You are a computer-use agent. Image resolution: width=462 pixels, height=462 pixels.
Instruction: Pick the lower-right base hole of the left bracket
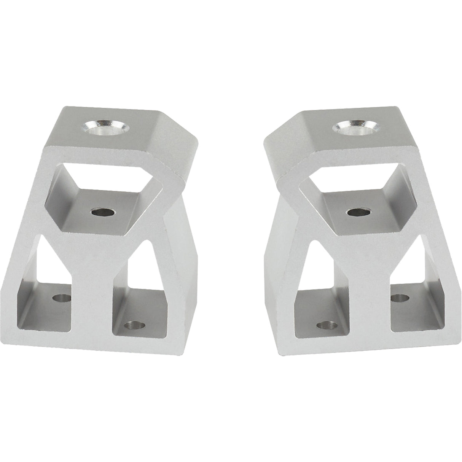135,326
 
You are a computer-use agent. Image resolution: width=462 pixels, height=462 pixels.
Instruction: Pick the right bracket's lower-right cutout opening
411,293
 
